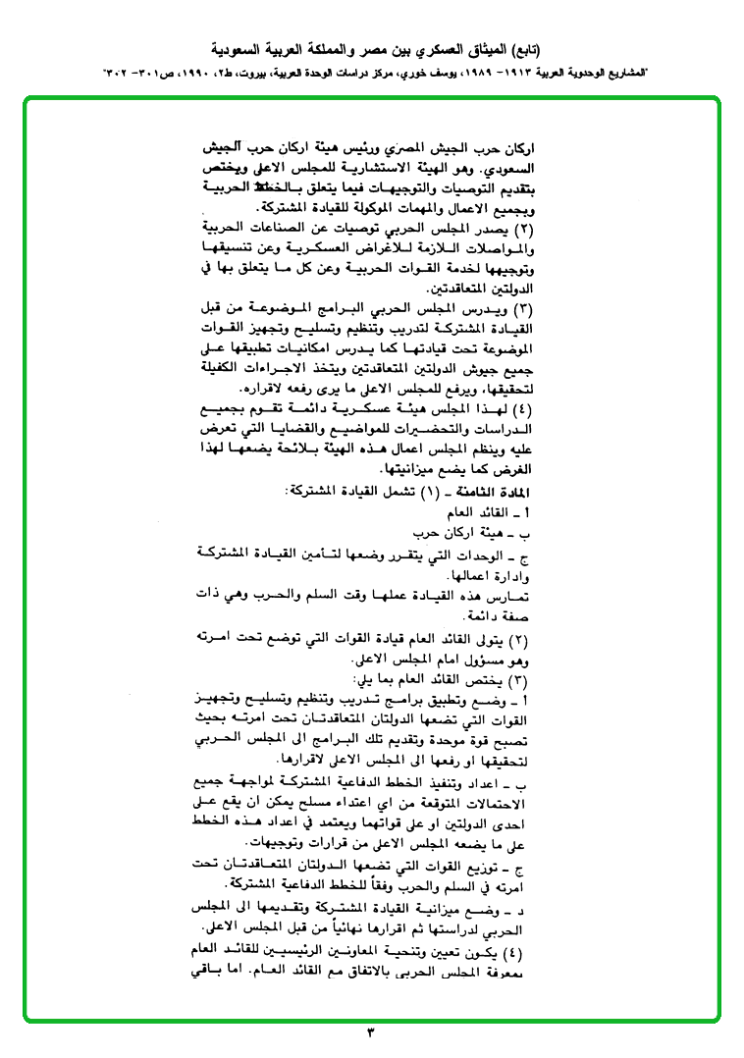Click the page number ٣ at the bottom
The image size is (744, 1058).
point(371,1032)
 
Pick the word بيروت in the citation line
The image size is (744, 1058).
point(278,75)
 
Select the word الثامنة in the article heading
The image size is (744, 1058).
point(487,490)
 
